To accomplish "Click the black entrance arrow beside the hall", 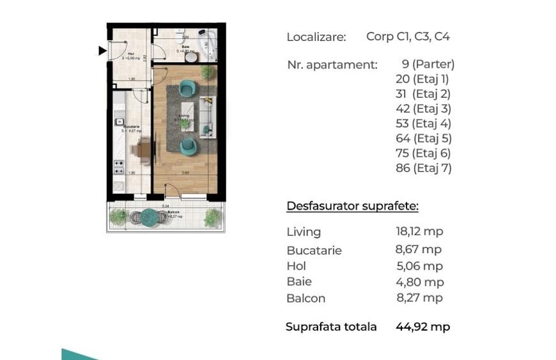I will click(x=102, y=51).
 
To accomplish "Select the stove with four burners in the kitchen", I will click(x=119, y=167).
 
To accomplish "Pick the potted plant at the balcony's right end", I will click(x=212, y=218).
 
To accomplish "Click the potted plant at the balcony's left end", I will click(x=118, y=217).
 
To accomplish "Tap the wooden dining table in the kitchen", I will click(x=144, y=151).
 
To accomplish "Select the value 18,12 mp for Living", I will click(x=419, y=231).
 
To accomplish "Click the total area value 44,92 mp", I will click(x=422, y=327).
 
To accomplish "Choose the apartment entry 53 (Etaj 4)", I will click(x=423, y=123).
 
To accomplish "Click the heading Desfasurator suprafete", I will click(x=352, y=206).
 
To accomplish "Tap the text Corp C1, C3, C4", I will click(x=408, y=36).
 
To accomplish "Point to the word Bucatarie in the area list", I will click(x=314, y=251).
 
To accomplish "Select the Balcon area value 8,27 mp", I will click(x=419, y=298).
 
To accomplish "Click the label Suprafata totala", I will click(x=330, y=327).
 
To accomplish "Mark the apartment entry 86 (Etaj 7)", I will click(x=423, y=169).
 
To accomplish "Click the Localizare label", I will click(x=316, y=37).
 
